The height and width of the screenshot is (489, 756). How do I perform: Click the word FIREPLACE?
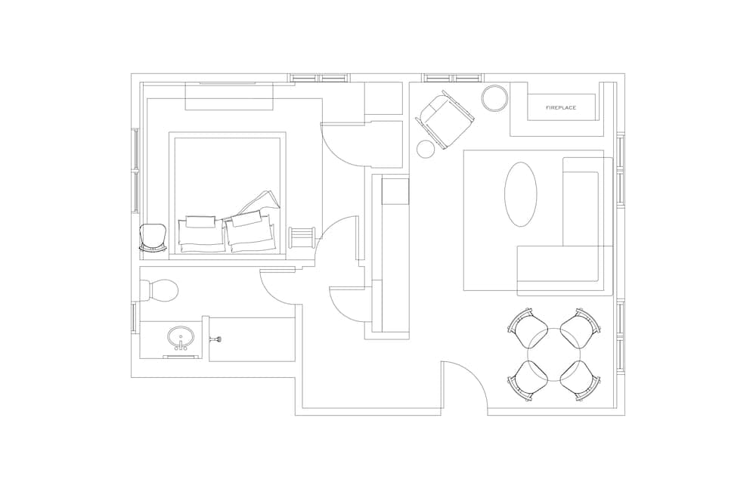pyautogui.click(x=561, y=108)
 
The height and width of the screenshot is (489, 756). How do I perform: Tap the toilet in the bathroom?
pyautogui.click(x=160, y=289)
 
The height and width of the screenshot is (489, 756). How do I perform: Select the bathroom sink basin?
pyautogui.click(x=181, y=337)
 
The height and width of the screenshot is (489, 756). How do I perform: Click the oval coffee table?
pyautogui.click(x=520, y=194)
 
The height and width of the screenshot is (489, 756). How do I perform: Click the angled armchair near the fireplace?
pyautogui.click(x=445, y=119)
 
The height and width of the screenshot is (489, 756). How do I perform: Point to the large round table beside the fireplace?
pyautogui.click(x=495, y=98)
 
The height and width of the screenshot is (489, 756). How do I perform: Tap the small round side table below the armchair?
pyautogui.click(x=426, y=150)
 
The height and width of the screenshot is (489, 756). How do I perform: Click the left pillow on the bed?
pyautogui.click(x=201, y=232)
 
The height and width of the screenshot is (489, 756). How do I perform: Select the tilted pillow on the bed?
pyautogui.click(x=261, y=203)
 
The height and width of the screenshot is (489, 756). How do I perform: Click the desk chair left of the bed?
pyautogui.click(x=152, y=238)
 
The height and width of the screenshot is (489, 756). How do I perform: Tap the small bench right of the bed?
pyautogui.click(x=302, y=237)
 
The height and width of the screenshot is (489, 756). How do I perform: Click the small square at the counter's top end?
pyautogui.click(x=395, y=190)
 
